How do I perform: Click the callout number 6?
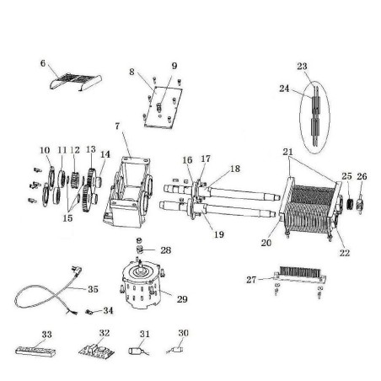click(43, 62)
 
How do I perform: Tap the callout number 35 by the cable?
click(93, 288)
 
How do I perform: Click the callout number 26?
click(362, 175)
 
